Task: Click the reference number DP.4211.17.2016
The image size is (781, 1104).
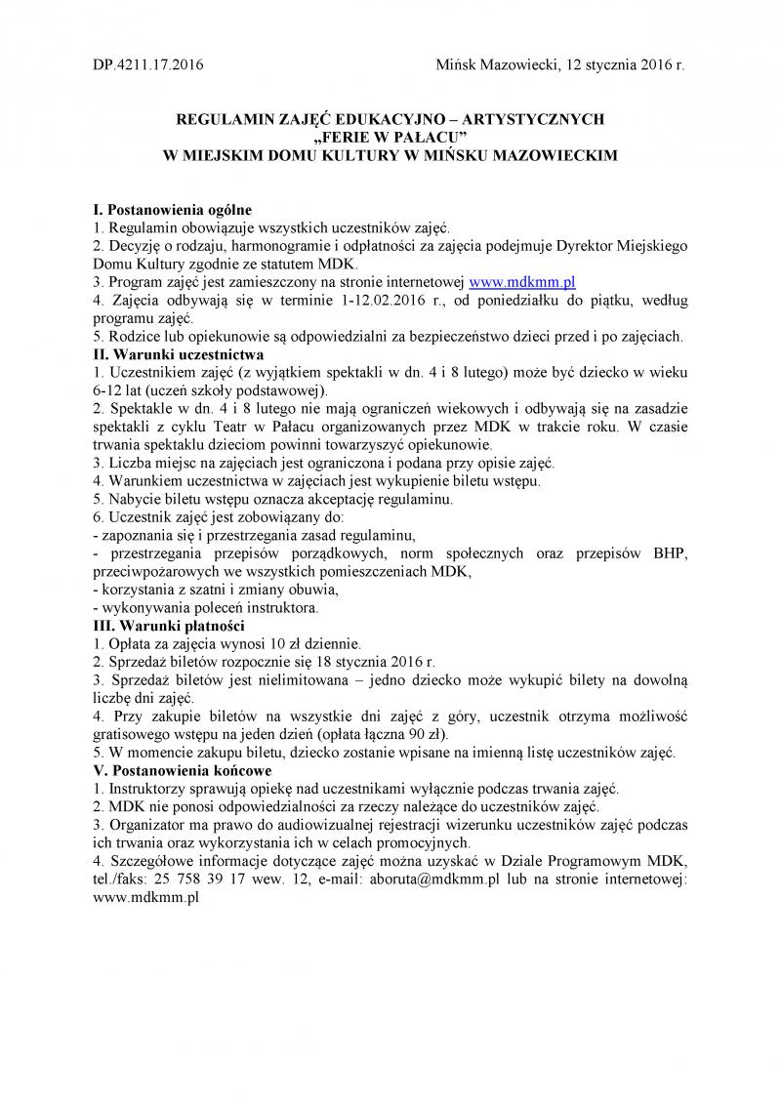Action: pos(147,64)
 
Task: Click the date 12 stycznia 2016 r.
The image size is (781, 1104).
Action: pos(620,64)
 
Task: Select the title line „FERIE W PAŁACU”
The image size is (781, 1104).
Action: pos(390,137)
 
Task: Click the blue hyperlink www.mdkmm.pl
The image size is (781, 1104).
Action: pos(522,281)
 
